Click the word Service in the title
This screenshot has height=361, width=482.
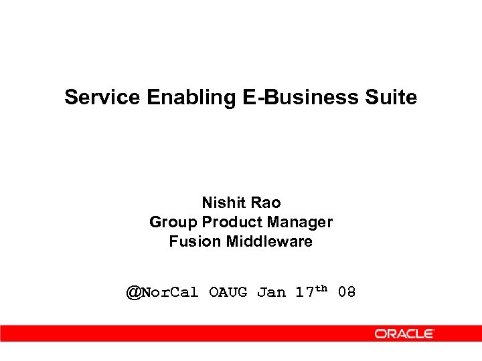(x=102, y=98)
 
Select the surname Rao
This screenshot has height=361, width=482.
(x=266, y=202)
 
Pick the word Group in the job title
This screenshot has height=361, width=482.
(x=173, y=222)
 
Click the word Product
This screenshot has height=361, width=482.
(x=229, y=222)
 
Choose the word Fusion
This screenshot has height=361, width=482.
(x=195, y=241)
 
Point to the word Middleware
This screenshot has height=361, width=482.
(x=269, y=241)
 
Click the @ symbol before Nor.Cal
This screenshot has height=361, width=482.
(x=134, y=292)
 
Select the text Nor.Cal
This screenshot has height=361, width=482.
(x=170, y=292)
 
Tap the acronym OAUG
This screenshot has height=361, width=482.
(x=228, y=292)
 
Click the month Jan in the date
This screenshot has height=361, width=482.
(x=271, y=292)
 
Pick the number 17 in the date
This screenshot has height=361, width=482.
(x=305, y=292)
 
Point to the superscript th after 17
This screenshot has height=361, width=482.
(x=321, y=288)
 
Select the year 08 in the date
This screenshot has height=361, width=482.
(x=347, y=292)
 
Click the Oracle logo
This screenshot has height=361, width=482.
(x=404, y=333)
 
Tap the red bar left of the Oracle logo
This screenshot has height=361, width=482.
(x=181, y=333)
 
